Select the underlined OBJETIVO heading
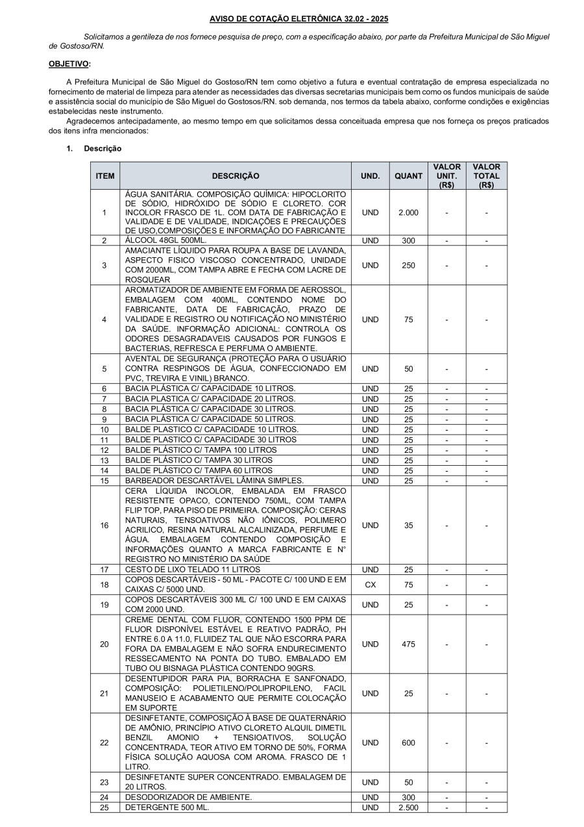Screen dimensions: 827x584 69,64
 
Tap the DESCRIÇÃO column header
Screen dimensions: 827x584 235,176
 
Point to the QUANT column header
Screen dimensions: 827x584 408,176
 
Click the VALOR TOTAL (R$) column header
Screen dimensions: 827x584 486,176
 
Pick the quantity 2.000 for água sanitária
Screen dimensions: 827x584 408,212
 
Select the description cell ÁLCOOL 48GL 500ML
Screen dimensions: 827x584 166,240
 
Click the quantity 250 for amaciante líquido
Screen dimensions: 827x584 408,265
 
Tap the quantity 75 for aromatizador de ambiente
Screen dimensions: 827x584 408,320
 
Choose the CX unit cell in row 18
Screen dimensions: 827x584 370,585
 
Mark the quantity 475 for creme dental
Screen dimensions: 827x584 408,644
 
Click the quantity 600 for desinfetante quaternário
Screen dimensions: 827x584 408,743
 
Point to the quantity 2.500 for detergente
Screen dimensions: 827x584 408,808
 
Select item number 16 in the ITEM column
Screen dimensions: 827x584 104,526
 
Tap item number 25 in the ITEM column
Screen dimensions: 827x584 104,808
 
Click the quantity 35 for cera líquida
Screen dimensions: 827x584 408,526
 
